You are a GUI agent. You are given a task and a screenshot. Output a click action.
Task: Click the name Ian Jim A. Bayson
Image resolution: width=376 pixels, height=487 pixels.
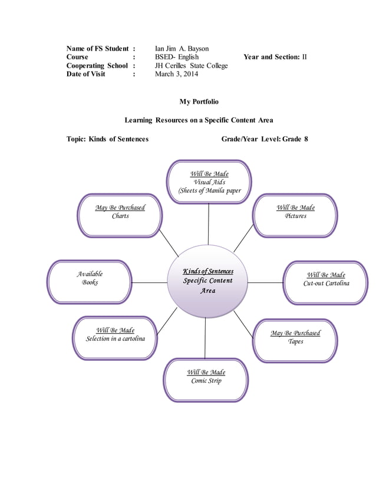pyautogui.click(x=182, y=48)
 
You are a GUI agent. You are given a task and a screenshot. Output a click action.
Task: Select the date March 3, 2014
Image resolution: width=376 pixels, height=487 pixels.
pyautogui.click(x=176, y=74)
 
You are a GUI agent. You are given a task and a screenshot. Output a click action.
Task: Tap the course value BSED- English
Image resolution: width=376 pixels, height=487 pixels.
pyautogui.click(x=177, y=57)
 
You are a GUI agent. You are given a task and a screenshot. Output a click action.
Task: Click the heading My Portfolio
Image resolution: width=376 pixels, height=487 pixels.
pyautogui.click(x=199, y=102)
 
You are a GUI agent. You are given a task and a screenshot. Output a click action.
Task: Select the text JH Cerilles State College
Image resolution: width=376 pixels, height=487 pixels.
pyautogui.click(x=191, y=65)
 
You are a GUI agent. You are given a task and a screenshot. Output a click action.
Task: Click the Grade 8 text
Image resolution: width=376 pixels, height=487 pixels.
pyautogui.click(x=295, y=139)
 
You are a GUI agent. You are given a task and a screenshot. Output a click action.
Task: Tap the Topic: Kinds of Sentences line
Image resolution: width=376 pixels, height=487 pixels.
pyautogui.click(x=107, y=139)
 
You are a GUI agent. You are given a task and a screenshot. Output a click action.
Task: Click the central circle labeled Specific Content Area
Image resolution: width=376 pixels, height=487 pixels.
pyautogui.click(x=207, y=281)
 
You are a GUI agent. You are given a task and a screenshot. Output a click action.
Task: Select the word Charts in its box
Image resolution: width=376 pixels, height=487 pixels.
pyautogui.click(x=120, y=216)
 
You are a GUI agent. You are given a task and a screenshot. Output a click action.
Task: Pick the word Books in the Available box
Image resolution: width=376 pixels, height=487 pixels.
pyautogui.click(x=90, y=283)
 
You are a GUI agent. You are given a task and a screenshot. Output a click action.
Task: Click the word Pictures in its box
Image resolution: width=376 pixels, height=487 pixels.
pyautogui.click(x=295, y=216)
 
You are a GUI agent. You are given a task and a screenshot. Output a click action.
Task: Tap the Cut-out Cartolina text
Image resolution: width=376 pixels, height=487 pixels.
pyautogui.click(x=326, y=284)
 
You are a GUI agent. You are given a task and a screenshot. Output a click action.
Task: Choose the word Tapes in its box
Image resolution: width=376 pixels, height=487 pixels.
pyautogui.click(x=295, y=342)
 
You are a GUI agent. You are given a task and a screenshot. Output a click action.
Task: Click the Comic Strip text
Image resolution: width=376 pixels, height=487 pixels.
pyautogui.click(x=206, y=381)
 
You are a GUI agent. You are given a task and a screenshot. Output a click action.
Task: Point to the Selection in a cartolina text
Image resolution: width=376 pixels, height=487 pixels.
pyautogui.click(x=115, y=339)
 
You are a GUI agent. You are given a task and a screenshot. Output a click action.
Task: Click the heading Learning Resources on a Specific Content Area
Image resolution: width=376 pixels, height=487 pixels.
pyautogui.click(x=199, y=120)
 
